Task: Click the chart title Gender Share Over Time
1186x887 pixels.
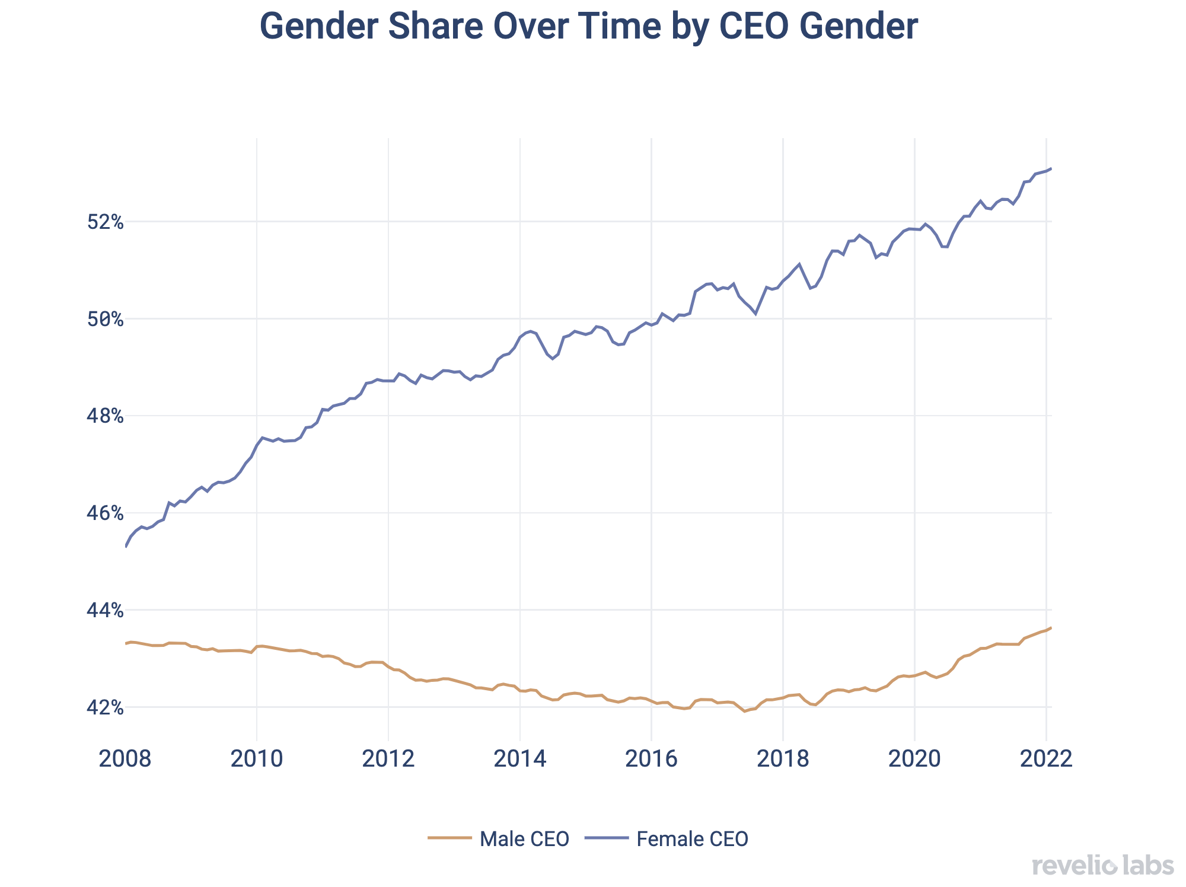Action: (x=588, y=27)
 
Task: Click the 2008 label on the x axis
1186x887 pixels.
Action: (x=125, y=758)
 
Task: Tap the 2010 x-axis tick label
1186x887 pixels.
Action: (x=257, y=758)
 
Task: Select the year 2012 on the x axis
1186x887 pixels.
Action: (x=388, y=758)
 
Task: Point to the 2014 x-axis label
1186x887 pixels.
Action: (x=520, y=758)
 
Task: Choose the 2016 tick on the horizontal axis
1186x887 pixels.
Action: (x=652, y=758)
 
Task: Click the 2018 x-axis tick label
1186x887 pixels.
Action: (x=783, y=758)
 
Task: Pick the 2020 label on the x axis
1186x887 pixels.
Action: (x=915, y=758)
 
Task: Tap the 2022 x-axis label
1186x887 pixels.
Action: (x=1046, y=758)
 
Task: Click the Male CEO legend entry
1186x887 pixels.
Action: (x=499, y=839)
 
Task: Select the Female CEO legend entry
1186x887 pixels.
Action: (x=667, y=839)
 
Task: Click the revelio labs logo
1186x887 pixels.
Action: (x=1102, y=866)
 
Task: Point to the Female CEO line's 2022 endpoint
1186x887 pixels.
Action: (x=1051, y=168)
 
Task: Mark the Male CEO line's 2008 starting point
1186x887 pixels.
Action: (x=126, y=643)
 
